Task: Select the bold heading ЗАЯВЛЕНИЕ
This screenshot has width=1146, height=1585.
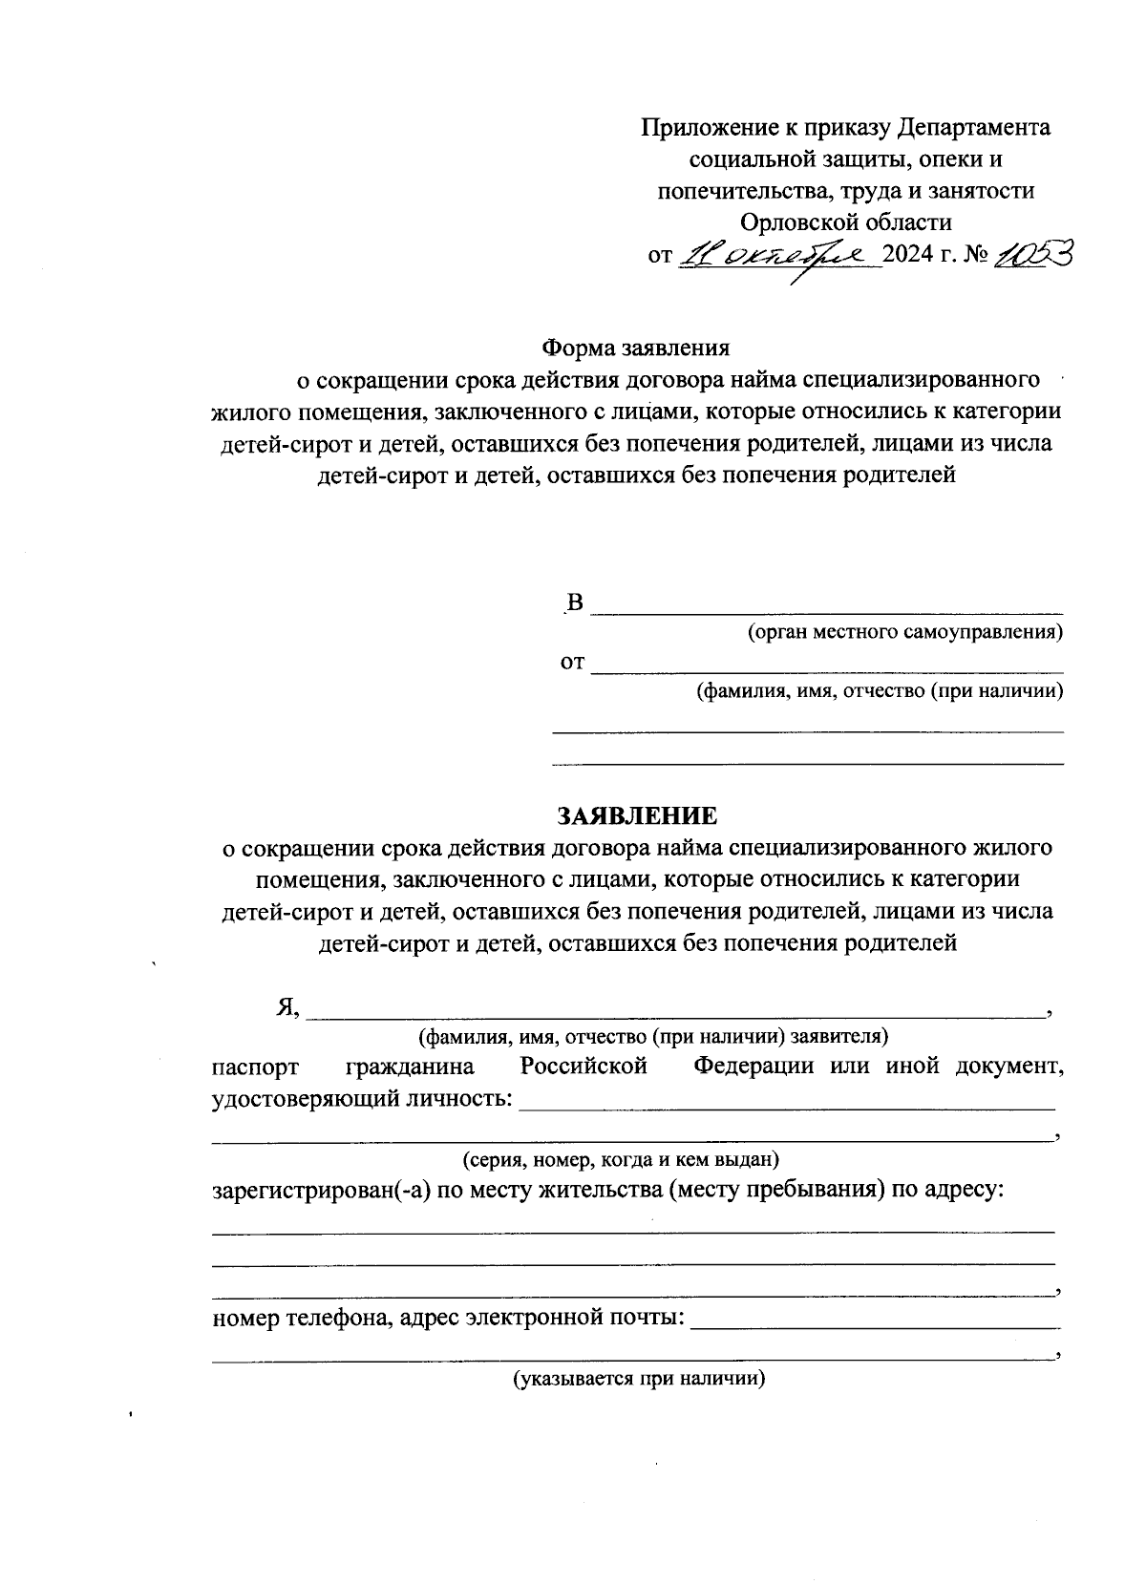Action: click(x=636, y=816)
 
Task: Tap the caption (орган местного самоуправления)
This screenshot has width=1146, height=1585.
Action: click(x=904, y=632)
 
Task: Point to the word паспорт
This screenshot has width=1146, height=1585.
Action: click(x=255, y=1067)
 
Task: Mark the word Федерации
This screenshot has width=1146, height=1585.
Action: click(x=753, y=1067)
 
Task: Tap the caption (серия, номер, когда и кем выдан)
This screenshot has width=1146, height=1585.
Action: click(x=622, y=1160)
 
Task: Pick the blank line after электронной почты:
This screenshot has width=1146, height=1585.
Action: click(x=874, y=1323)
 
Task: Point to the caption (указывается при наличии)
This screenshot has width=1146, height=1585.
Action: click(x=640, y=1379)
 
